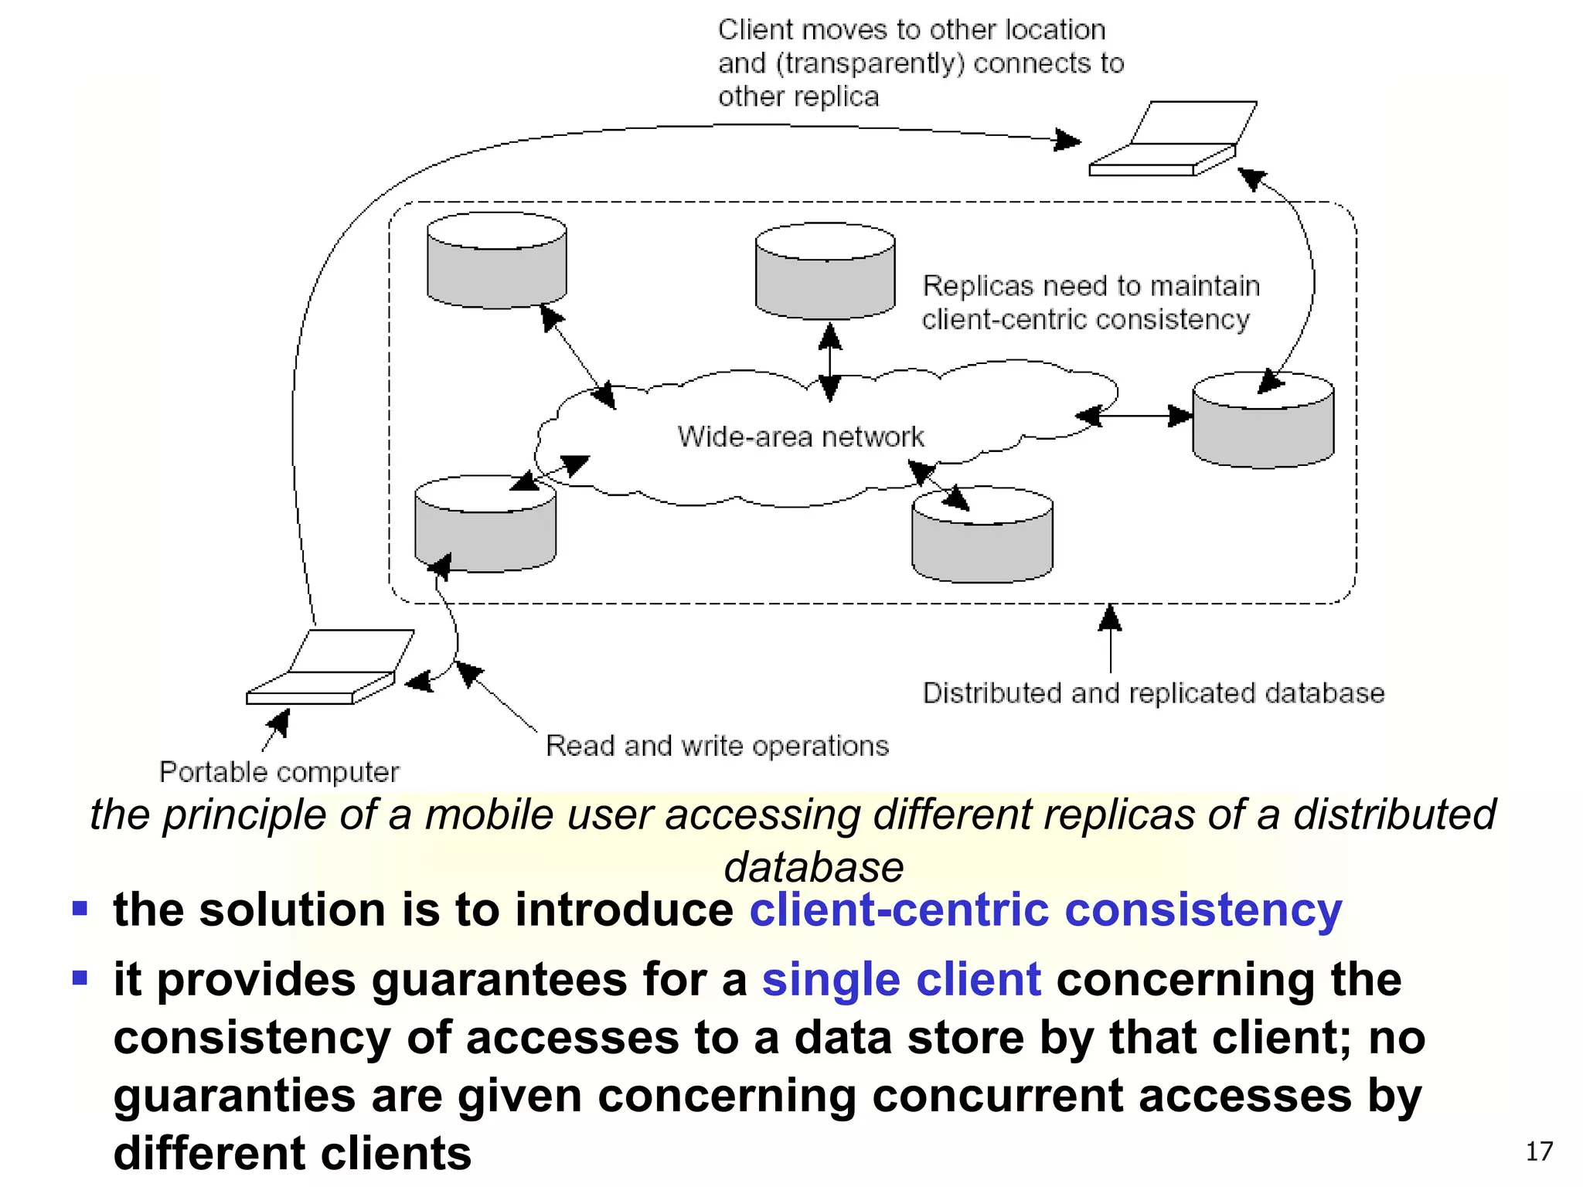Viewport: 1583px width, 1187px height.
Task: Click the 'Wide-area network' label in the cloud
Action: coord(801,437)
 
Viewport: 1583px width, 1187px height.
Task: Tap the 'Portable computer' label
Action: coord(279,772)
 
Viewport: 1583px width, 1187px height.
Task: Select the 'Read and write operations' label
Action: coord(717,746)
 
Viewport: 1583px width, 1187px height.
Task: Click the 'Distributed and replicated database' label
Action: coord(1153,693)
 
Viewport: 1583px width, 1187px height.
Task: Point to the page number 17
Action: coord(1538,1151)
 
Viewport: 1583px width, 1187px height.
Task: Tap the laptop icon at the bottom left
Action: coord(329,669)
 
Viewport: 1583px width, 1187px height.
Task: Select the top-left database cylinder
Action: coord(497,263)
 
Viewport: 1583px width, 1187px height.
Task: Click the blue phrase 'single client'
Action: coord(901,980)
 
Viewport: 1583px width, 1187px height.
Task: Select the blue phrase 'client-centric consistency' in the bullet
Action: coord(1045,910)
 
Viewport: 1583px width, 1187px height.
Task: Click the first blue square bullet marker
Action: coord(80,907)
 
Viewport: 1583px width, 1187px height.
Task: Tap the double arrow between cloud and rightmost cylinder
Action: coord(1134,417)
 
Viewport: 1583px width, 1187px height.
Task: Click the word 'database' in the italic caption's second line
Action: coord(813,867)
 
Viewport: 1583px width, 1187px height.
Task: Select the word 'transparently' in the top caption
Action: coord(870,63)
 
